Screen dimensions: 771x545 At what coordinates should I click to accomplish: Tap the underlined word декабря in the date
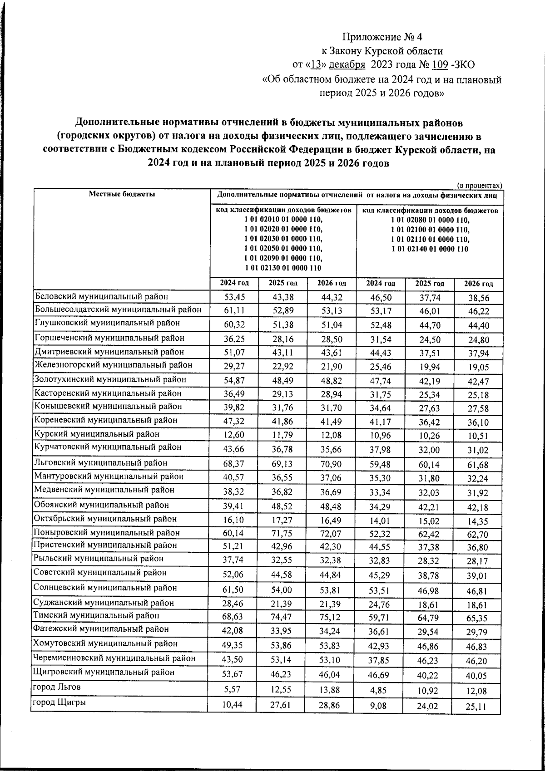tap(347, 65)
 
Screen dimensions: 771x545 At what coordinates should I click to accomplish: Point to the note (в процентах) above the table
tap(479, 185)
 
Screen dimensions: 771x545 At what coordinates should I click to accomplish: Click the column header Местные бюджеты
tap(122, 194)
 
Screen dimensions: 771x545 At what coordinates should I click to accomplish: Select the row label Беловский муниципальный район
tap(102, 297)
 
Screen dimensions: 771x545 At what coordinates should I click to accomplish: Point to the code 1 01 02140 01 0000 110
tap(430, 249)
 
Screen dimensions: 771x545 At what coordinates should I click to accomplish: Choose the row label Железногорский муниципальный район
tap(113, 365)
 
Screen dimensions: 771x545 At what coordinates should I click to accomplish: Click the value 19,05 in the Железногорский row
tap(478, 368)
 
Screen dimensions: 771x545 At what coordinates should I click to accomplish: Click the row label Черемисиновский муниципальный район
tap(115, 658)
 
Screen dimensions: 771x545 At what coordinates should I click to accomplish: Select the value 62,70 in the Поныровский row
tap(478, 535)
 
